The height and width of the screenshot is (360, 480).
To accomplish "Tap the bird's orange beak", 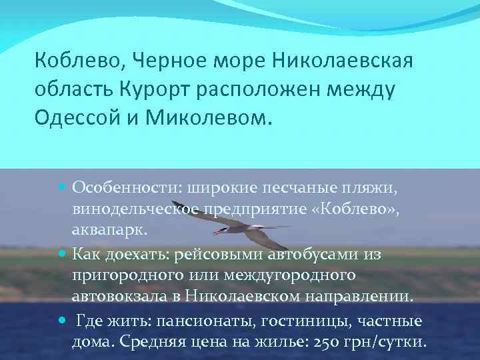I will [217, 233].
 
